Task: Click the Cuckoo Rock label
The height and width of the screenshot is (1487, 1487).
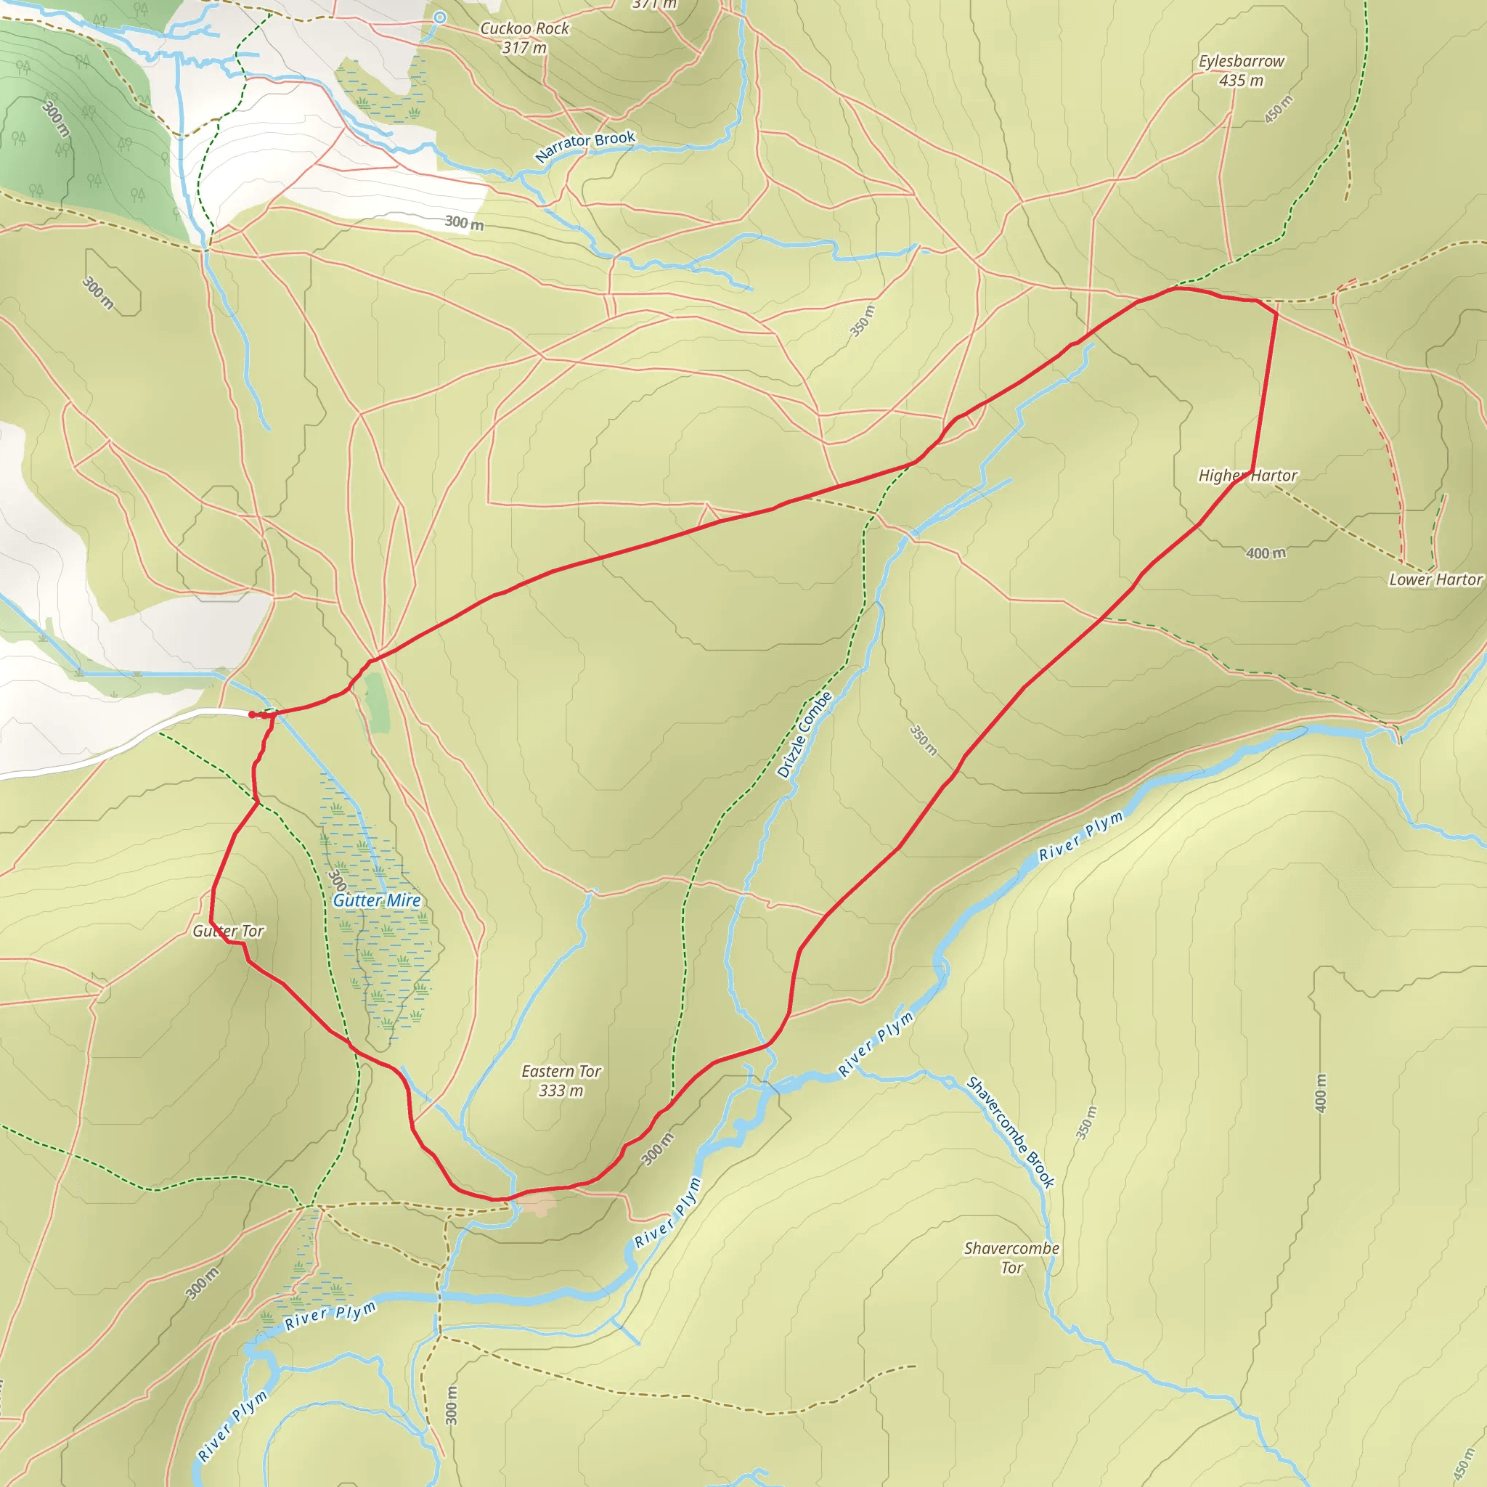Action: [x=524, y=28]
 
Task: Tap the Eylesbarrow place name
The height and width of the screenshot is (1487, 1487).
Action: [x=1241, y=61]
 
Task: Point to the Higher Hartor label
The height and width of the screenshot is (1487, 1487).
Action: [x=1247, y=476]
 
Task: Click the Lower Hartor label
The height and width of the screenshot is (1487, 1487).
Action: [x=1435, y=579]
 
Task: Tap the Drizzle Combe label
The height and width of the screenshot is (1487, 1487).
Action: [x=804, y=734]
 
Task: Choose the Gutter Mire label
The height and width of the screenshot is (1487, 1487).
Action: [x=376, y=900]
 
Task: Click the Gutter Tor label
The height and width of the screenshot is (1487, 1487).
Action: [x=228, y=932]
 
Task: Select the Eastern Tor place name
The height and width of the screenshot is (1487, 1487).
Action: [x=561, y=1072]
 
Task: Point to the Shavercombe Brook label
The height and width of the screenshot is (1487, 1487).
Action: [x=1010, y=1131]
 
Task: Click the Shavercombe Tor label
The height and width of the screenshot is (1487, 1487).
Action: [x=1011, y=1258]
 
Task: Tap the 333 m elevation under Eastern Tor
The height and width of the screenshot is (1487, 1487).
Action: [x=561, y=1091]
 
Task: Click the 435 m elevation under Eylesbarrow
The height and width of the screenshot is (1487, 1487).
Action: [x=1241, y=80]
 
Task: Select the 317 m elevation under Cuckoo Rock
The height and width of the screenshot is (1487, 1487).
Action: [x=524, y=48]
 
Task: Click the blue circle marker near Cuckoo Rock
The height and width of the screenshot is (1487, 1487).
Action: [x=439, y=17]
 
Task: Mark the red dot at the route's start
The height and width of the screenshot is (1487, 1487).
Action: [x=252, y=714]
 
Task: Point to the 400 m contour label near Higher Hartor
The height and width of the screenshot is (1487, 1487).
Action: [x=1266, y=553]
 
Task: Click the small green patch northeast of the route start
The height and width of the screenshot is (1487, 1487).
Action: [x=377, y=701]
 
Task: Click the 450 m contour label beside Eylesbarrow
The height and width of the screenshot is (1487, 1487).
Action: [x=1279, y=108]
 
